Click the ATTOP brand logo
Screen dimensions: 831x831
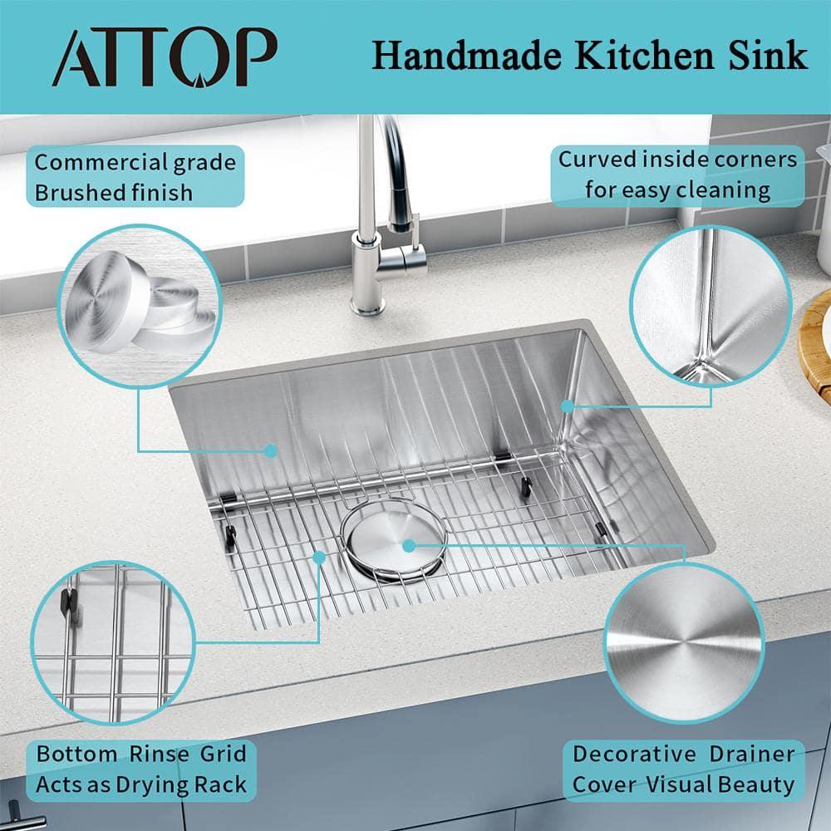point(164,58)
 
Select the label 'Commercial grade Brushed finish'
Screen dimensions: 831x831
point(135,176)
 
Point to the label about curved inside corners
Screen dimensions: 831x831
point(677,175)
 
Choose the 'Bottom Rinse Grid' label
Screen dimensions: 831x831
point(141,769)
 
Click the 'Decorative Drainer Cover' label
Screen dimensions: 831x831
point(683,769)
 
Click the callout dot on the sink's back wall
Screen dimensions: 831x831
point(270,450)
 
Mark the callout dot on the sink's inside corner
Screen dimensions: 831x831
point(566,406)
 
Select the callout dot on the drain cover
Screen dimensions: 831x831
point(409,545)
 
